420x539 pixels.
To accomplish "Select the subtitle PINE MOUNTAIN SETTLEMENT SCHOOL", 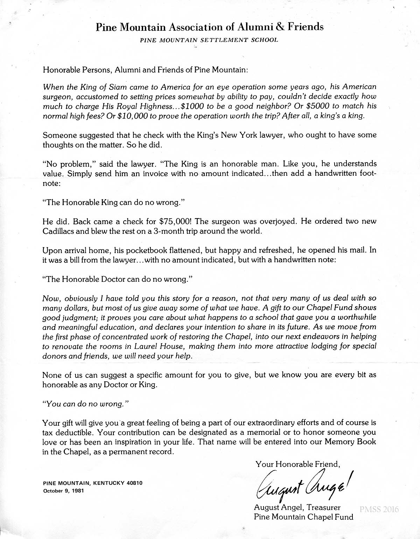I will pyautogui.click(x=209, y=40).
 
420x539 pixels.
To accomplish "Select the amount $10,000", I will pyautogui.click(x=133, y=116).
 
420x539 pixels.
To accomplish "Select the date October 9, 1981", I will pyautogui.click(x=63, y=490).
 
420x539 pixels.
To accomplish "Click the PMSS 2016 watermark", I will pyautogui.click(x=379, y=509).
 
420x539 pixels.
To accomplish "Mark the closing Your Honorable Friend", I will pyautogui.click(x=298, y=464).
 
